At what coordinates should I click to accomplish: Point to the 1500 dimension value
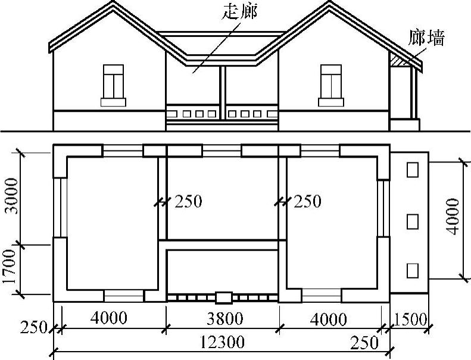click(410, 319)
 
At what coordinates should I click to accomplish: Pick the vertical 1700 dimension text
click(11, 270)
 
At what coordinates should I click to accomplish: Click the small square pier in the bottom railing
click(223, 296)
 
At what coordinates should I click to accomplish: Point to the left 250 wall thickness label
click(188, 202)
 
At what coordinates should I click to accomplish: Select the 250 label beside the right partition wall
click(307, 202)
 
